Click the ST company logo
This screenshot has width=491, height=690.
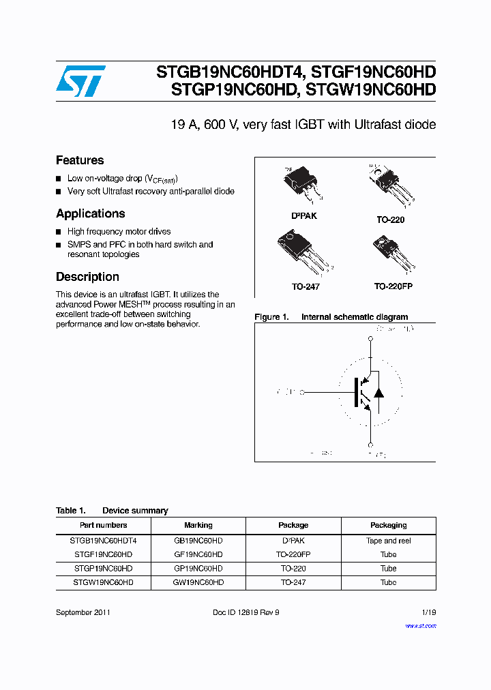coord(80,81)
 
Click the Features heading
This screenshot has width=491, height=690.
coord(80,160)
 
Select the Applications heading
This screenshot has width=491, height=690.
coord(91,213)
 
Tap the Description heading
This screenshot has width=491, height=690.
coord(87,277)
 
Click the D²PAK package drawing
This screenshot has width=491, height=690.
coord(301,184)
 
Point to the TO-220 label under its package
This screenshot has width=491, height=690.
coord(390,220)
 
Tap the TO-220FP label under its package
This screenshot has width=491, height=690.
coord(393,286)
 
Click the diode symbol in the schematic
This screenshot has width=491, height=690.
coord(379,393)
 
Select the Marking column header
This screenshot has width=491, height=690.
coord(198,525)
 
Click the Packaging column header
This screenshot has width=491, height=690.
coord(388,525)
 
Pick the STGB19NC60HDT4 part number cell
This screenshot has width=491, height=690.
coord(103,541)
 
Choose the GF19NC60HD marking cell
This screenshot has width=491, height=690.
coord(198,554)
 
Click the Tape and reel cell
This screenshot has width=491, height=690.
coord(388,541)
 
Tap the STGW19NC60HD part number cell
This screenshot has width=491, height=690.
coord(103,582)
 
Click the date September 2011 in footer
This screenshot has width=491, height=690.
coord(83,612)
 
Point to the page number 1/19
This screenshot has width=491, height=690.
coord(428,612)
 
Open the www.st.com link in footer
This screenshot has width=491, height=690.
coord(421,625)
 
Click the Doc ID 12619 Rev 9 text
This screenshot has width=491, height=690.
coord(246,612)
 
